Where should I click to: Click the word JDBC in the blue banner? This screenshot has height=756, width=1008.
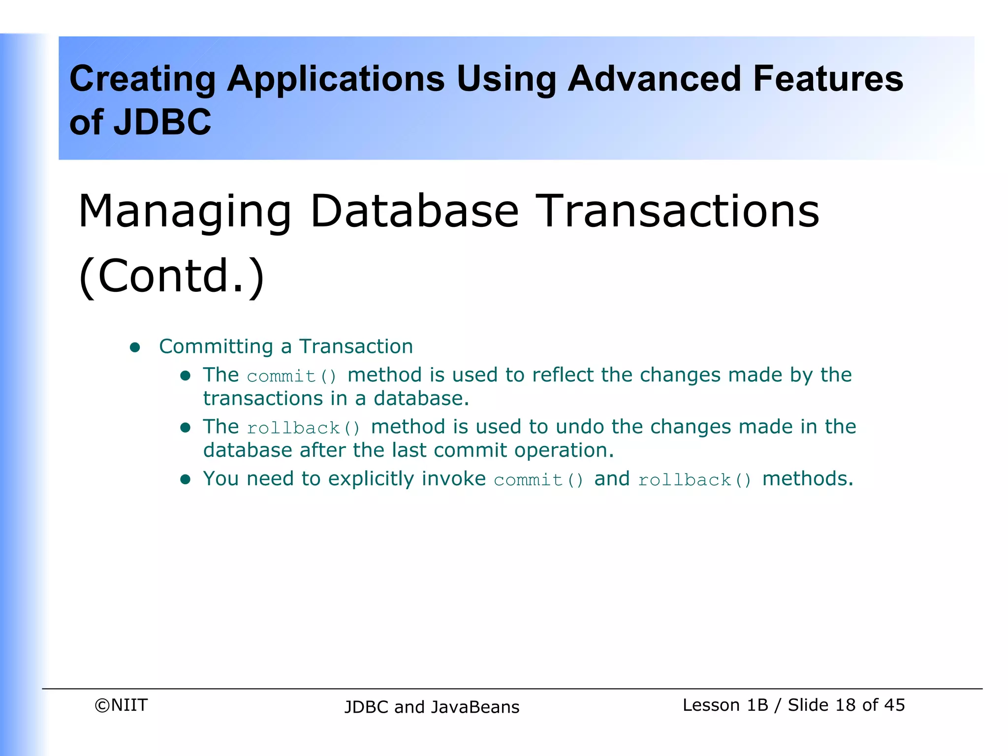(x=162, y=122)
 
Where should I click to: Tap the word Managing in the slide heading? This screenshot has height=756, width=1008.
(x=185, y=212)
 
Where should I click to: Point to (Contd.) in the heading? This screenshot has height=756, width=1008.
(x=171, y=276)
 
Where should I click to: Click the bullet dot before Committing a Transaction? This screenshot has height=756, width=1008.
(x=135, y=348)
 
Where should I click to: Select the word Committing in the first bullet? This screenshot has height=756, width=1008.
(x=216, y=347)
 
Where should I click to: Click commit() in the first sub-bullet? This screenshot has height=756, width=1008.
(x=292, y=377)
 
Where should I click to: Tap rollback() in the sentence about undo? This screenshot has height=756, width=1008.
(x=304, y=428)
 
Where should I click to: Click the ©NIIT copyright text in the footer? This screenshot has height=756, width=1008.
(x=121, y=705)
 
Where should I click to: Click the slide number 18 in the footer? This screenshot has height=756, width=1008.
(x=845, y=705)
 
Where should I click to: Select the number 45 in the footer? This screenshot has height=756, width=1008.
(x=894, y=705)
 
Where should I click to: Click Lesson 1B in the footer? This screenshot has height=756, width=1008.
(x=725, y=705)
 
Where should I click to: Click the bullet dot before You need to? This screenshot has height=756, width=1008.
(x=185, y=480)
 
